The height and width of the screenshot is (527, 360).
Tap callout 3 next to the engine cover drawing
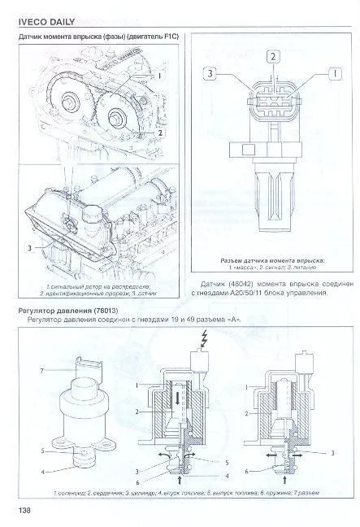pyautogui.click(x=30, y=246)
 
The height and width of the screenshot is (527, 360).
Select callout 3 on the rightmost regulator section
pyautogui.click(x=334, y=451)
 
